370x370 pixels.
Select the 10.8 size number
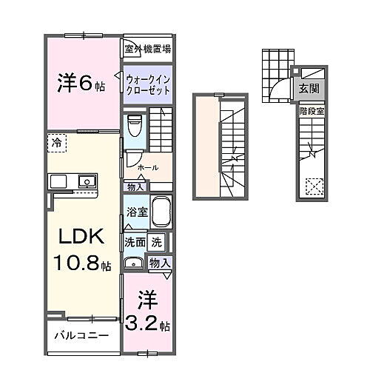coord(74,264)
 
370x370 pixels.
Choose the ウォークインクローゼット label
coord(147,84)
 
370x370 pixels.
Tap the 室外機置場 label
coord(148,50)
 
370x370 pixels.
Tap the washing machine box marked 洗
coord(156,241)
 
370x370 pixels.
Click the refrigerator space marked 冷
coord(56,141)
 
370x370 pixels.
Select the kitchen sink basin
coord(87,180)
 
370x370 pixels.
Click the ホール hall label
coord(148,167)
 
